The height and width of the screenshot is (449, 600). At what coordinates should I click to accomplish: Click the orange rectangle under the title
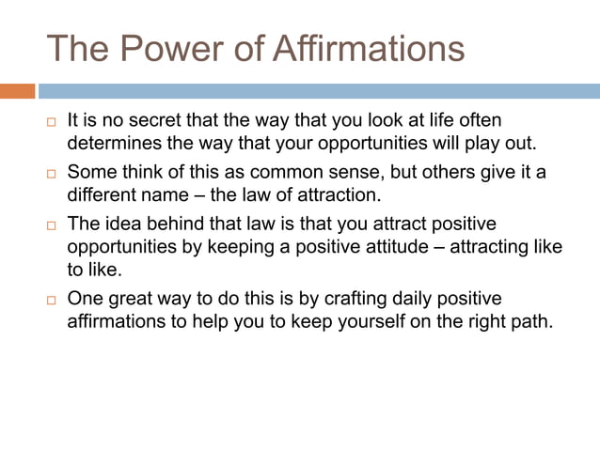point(17,91)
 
